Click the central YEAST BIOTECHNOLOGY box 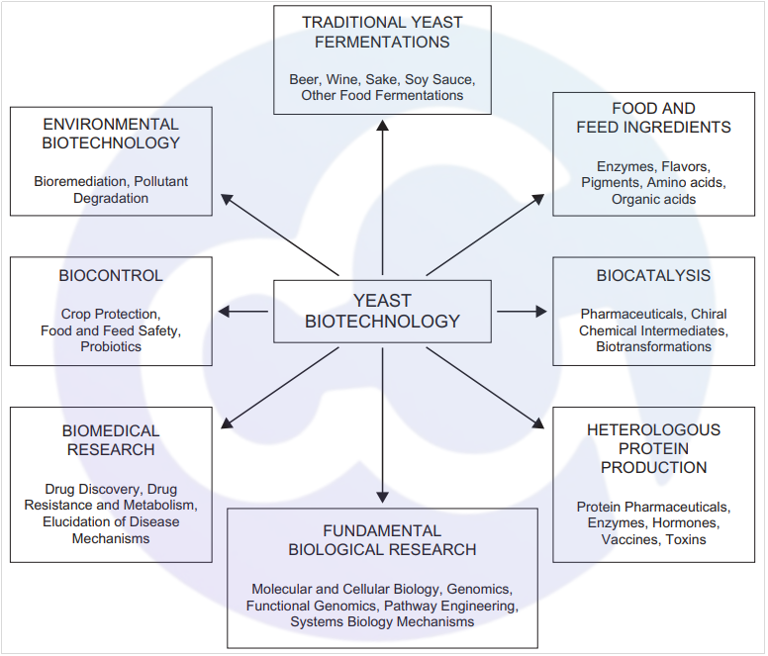[x=382, y=311]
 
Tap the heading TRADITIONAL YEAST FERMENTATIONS [x=382, y=32]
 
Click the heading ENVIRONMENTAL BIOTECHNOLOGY [x=111, y=134]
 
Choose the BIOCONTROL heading [x=111, y=275]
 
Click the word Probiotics [x=111, y=346]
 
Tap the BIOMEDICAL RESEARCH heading [x=111, y=440]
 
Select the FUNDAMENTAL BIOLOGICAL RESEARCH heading [x=382, y=540]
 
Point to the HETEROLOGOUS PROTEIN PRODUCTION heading [x=653, y=448]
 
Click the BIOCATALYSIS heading [x=653, y=275]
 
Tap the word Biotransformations [x=653, y=346]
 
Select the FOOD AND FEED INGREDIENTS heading [x=653, y=118]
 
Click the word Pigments [x=611, y=182]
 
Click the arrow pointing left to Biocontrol [x=242, y=312]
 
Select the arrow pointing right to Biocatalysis [x=522, y=312]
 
